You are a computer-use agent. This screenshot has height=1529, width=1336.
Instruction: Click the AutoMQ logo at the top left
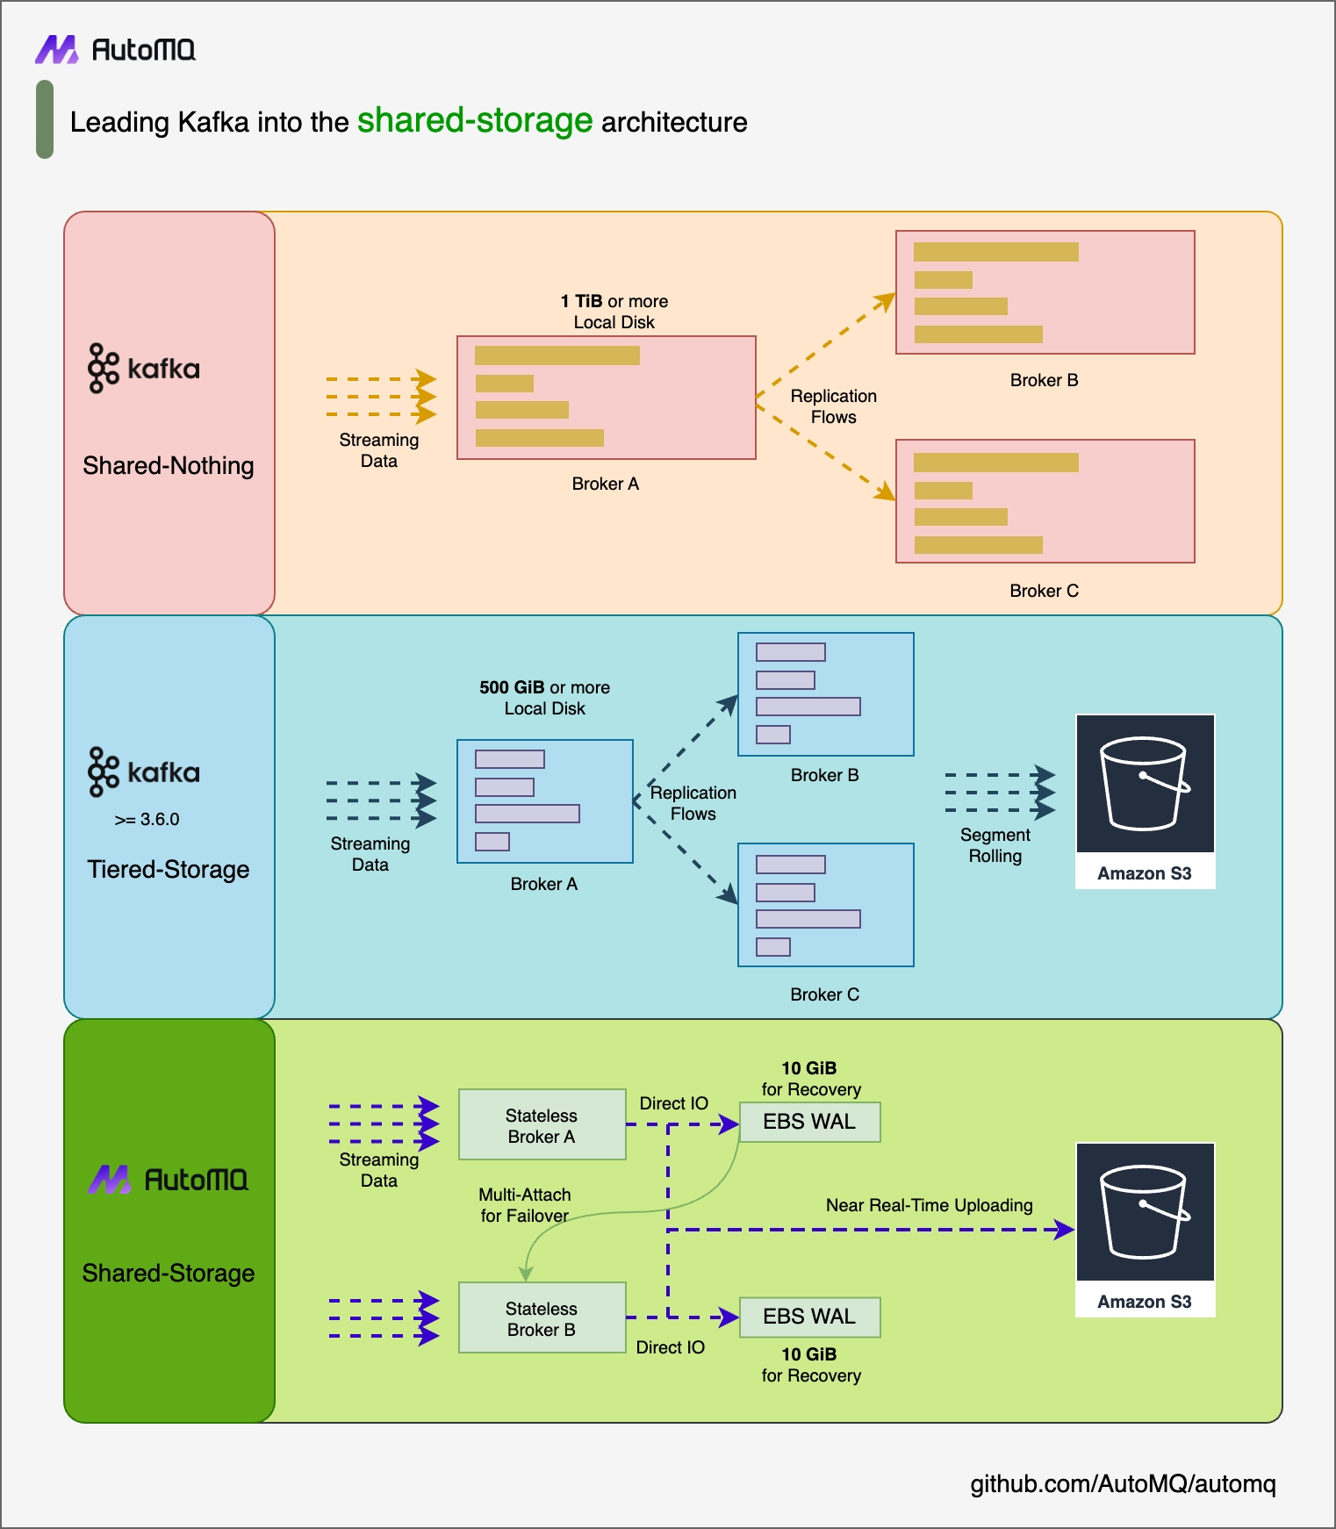pyautogui.click(x=115, y=50)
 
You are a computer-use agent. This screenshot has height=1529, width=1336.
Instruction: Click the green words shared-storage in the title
pyautogui.click(x=475, y=120)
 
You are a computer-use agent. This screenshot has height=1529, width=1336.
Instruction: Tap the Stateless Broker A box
pyautogui.click(x=542, y=1125)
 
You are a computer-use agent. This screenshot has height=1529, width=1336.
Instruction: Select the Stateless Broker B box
pyautogui.click(x=542, y=1318)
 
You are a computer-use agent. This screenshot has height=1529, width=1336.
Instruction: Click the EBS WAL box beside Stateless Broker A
pyautogui.click(x=809, y=1123)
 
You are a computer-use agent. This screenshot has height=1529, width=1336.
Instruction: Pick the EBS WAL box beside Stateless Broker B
pyautogui.click(x=809, y=1317)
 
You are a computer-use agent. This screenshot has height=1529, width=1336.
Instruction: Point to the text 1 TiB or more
pyautogui.click(x=614, y=301)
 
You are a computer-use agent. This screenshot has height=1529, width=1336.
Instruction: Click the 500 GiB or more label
pyautogui.click(x=544, y=687)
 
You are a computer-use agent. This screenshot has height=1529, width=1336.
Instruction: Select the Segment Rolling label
pyautogui.click(x=995, y=845)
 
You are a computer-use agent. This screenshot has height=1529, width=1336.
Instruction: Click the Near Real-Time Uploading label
pyautogui.click(x=929, y=1205)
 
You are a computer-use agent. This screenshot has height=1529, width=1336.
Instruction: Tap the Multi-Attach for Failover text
pyautogui.click(x=524, y=1205)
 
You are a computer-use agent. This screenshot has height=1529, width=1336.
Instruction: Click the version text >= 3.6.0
pyautogui.click(x=147, y=820)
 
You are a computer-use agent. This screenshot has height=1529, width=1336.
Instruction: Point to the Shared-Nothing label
pyautogui.click(x=168, y=466)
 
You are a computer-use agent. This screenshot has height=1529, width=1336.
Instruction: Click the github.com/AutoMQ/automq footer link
pyautogui.click(x=1122, y=1484)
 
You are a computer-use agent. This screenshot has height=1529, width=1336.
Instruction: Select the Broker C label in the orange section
pyautogui.click(x=1044, y=591)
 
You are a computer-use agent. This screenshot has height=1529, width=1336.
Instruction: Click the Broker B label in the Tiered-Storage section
pyautogui.click(x=824, y=775)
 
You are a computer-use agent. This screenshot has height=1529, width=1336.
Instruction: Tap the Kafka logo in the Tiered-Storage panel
pyautogui.click(x=144, y=772)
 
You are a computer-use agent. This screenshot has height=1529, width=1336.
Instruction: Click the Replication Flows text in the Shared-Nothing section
pyautogui.click(x=833, y=406)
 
